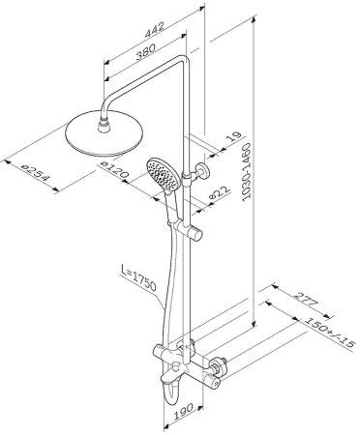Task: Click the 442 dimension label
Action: point(155,30)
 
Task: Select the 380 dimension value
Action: point(145,51)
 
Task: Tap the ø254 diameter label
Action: point(35,173)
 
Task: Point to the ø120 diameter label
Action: point(114,169)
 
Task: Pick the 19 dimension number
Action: point(234,136)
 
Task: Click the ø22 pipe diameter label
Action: point(220,194)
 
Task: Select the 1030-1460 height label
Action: point(247,172)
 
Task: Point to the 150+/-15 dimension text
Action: point(328,331)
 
